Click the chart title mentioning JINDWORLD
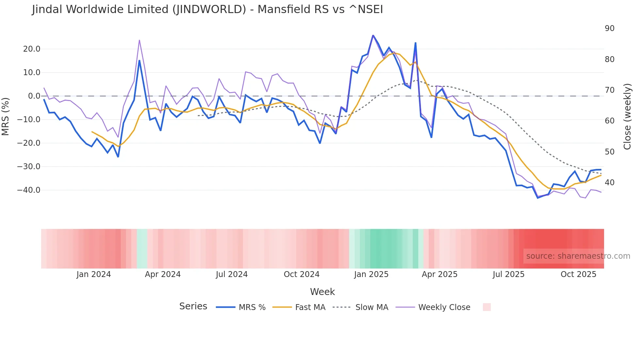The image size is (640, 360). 207,9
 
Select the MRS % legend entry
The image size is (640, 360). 241,307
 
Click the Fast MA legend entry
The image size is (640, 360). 299,307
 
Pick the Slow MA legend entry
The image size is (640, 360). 360,307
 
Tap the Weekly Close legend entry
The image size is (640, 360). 433,307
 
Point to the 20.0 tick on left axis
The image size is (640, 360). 32,49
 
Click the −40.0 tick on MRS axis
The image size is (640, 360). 29,190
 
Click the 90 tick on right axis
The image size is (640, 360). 609,28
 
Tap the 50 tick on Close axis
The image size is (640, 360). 609,152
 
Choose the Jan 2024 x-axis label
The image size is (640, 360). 94,274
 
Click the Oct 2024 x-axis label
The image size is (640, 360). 301,274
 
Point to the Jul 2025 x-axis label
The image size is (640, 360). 508,274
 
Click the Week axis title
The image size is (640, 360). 322,292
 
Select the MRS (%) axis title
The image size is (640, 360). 6,116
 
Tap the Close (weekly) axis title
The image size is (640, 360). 627,116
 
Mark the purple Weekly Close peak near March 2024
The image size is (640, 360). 139,40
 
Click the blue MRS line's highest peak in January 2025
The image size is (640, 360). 373,35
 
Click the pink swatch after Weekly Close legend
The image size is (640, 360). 487,307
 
